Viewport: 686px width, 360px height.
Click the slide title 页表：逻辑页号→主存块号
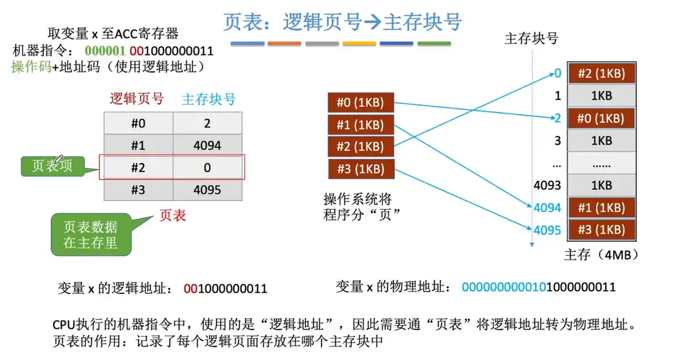click(342, 21)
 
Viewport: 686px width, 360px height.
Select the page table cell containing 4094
click(207, 145)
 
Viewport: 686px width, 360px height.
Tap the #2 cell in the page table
click(138, 167)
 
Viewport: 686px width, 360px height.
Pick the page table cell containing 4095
click(207, 190)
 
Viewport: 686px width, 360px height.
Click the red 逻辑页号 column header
click(137, 100)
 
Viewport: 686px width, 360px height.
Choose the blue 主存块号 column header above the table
click(208, 100)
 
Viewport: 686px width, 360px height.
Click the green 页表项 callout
click(52, 166)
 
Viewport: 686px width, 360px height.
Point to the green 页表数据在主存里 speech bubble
click(90, 235)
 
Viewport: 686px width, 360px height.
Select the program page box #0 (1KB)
click(360, 102)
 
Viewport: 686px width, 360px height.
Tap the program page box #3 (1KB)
click(360, 169)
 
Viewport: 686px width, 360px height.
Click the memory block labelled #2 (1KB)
click(600, 74)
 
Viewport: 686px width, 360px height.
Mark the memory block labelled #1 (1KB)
click(600, 208)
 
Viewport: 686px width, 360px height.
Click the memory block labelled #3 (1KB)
click(600, 230)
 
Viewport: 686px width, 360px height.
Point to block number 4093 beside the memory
click(547, 185)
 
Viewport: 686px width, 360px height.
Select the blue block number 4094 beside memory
click(547, 208)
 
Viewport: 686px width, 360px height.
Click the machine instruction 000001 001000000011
click(149, 50)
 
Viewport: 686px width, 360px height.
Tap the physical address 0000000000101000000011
click(539, 287)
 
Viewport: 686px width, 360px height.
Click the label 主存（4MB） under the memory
click(601, 254)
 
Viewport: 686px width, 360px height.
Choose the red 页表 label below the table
click(172, 216)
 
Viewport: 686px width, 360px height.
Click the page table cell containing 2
click(207, 123)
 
